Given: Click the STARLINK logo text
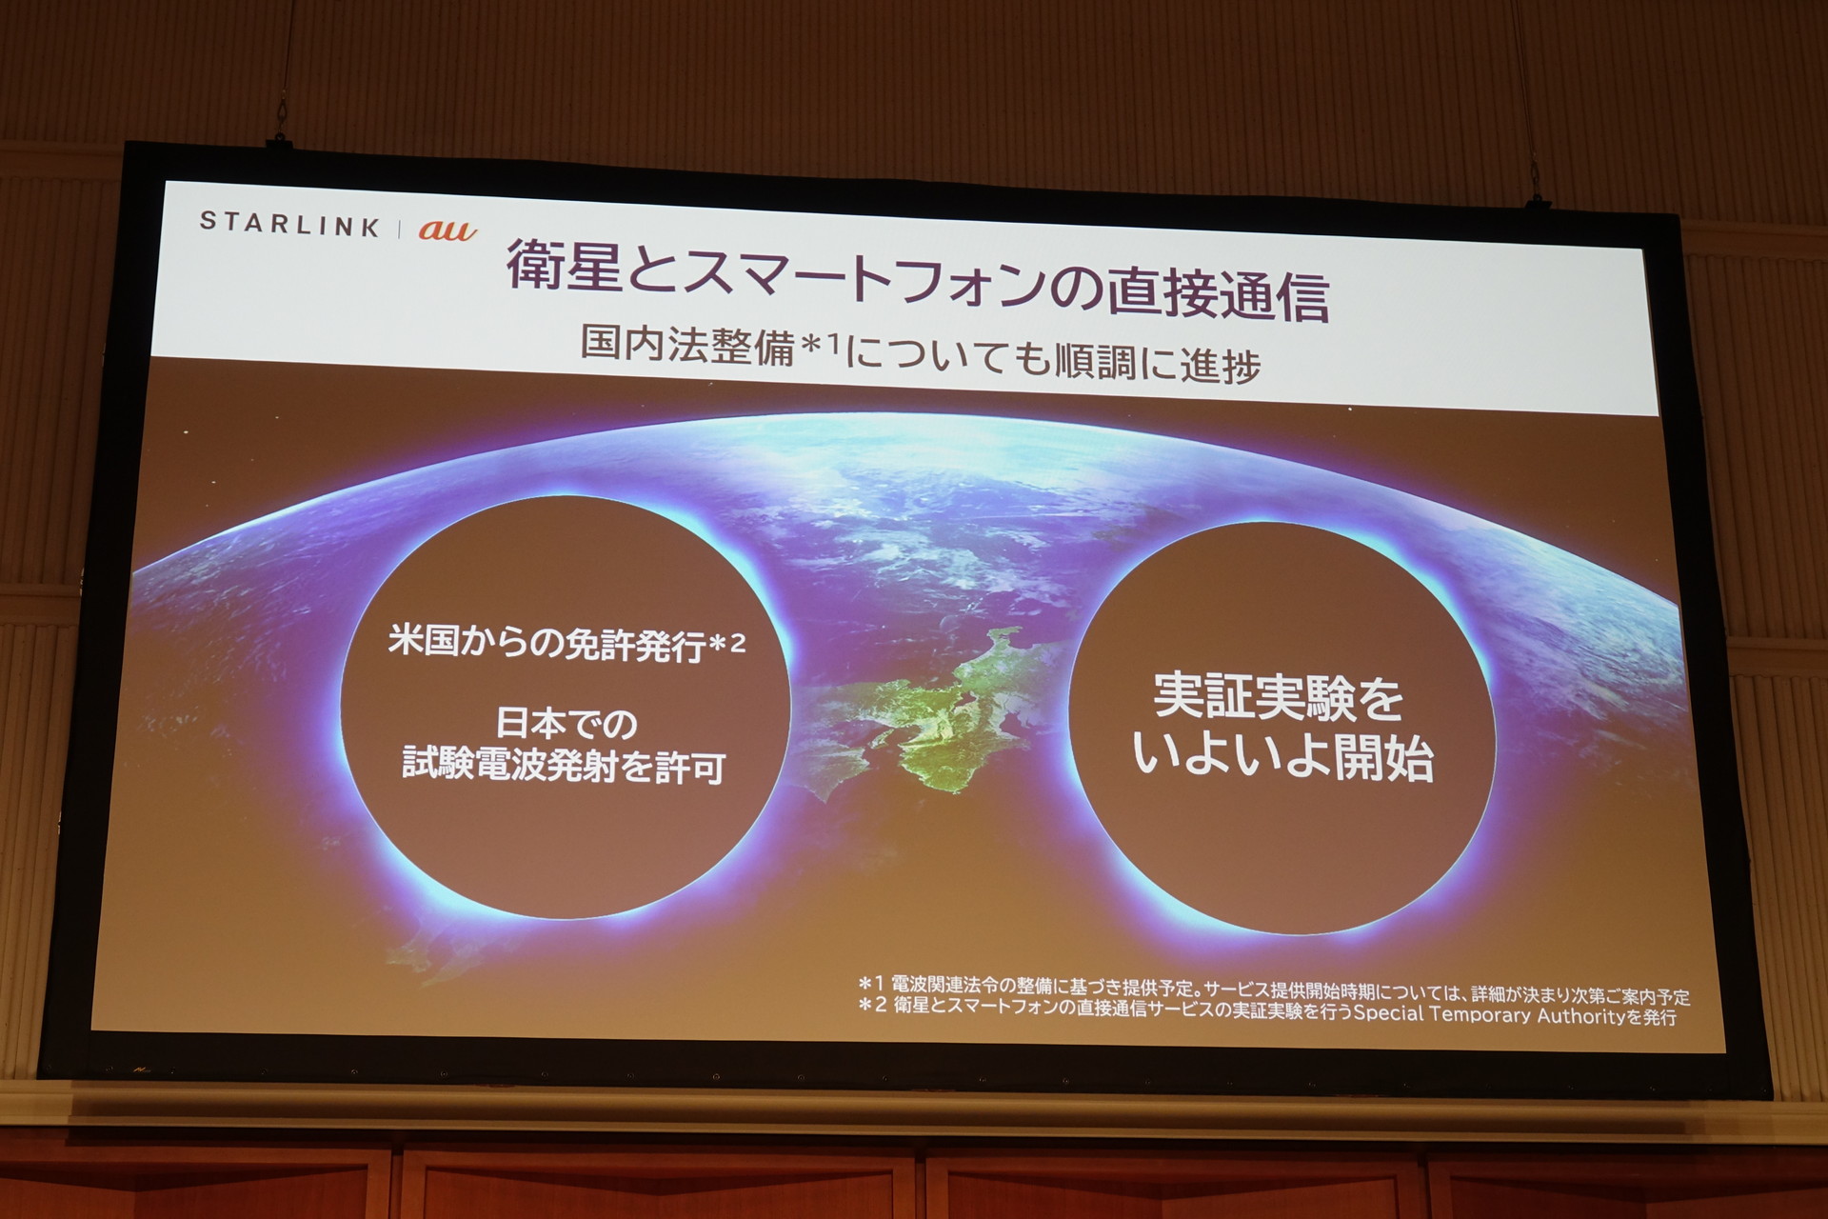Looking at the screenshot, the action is tap(289, 224).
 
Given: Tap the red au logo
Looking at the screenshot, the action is tap(447, 230).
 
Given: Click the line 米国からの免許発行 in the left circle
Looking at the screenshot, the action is tap(546, 643).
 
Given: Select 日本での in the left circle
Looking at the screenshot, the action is tap(566, 724).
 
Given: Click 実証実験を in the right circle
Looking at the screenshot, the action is tap(1278, 697).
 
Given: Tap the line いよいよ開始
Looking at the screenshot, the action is tap(1282, 758).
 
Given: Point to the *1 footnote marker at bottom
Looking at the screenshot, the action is tap(871, 983).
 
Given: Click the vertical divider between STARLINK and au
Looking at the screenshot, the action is tap(399, 228).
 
